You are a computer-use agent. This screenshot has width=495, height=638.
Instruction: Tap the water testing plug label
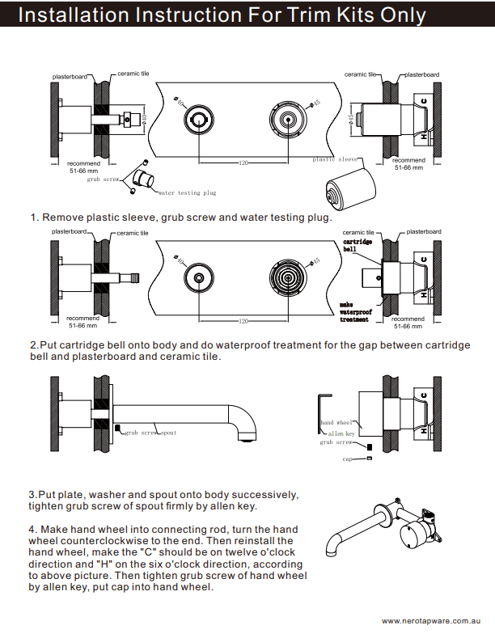[x=187, y=193]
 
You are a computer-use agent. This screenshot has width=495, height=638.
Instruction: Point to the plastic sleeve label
[x=335, y=160]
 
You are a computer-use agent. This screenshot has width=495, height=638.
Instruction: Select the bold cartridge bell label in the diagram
[x=357, y=245]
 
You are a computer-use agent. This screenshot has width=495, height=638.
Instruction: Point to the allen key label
[x=340, y=433]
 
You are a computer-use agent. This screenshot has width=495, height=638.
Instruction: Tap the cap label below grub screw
[x=347, y=458]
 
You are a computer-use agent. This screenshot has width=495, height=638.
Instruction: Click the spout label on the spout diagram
[x=167, y=433]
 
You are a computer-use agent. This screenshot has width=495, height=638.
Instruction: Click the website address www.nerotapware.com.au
[x=432, y=621]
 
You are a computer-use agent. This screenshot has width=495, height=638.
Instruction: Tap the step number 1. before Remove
[x=35, y=218]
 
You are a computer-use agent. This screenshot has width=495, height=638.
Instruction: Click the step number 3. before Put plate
[x=32, y=494]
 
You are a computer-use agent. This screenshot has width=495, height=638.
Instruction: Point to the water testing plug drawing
[x=145, y=179]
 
